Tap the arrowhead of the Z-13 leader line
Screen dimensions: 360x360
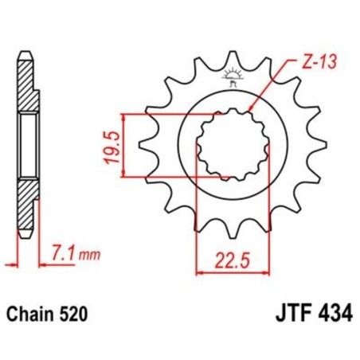(251, 107)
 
